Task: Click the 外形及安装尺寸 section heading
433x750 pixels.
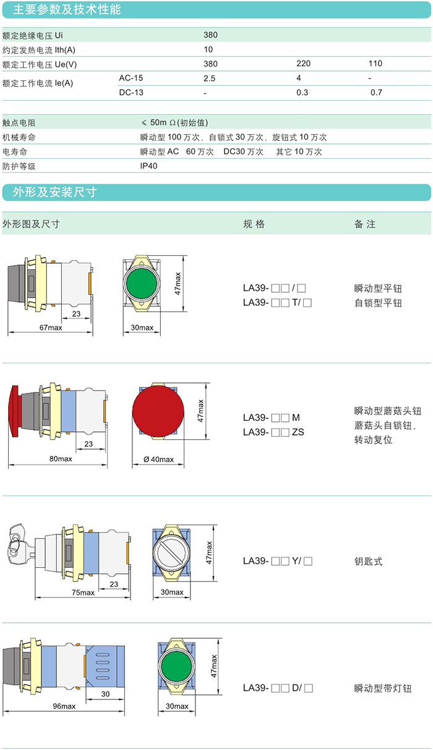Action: click(x=55, y=192)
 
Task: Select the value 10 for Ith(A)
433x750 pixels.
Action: click(x=208, y=49)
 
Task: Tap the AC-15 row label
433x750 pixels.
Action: click(x=131, y=78)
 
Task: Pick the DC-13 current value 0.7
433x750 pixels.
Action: click(x=376, y=93)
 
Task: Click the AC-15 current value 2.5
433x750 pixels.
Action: click(x=209, y=78)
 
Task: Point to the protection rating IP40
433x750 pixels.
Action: click(x=149, y=166)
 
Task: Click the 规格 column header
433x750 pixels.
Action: click(x=254, y=224)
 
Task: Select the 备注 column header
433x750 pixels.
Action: click(x=365, y=224)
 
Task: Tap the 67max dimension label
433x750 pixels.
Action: click(x=51, y=327)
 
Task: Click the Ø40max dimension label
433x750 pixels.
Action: click(x=158, y=459)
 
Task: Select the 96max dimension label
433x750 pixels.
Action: click(x=64, y=706)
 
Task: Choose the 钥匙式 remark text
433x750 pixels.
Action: click(x=369, y=562)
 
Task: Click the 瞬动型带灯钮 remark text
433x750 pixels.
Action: click(x=382, y=688)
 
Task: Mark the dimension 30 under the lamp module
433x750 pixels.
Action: click(x=105, y=694)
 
